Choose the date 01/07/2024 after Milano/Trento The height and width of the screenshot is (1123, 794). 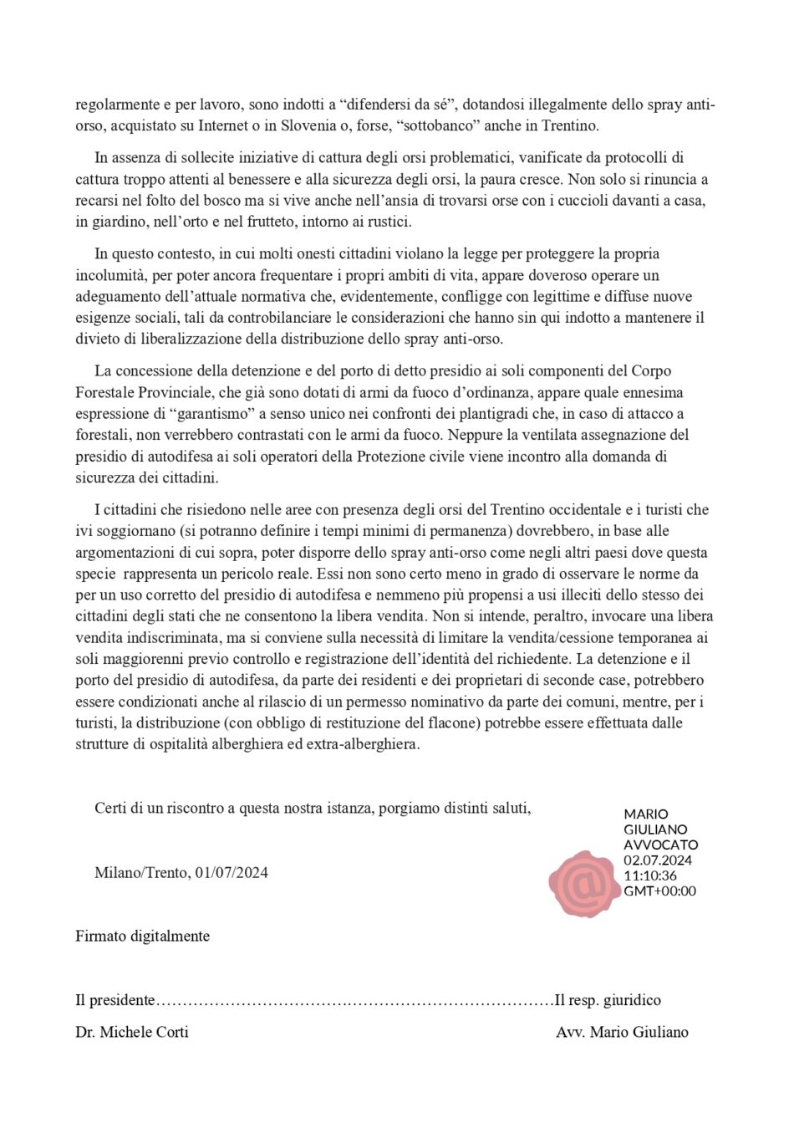click(x=231, y=872)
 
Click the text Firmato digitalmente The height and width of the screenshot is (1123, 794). click(x=142, y=936)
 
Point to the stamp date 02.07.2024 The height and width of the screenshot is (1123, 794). click(x=658, y=860)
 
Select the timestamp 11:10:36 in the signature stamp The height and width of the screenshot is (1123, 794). click(x=650, y=875)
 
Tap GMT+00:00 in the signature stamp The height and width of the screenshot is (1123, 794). click(x=659, y=891)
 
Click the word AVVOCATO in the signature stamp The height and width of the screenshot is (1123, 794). click(x=660, y=845)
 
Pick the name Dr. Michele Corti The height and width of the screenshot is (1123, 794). click(x=131, y=1032)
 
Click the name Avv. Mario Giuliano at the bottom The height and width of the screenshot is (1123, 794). click(x=622, y=1032)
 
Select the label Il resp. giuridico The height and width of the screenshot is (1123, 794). click(x=608, y=1000)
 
